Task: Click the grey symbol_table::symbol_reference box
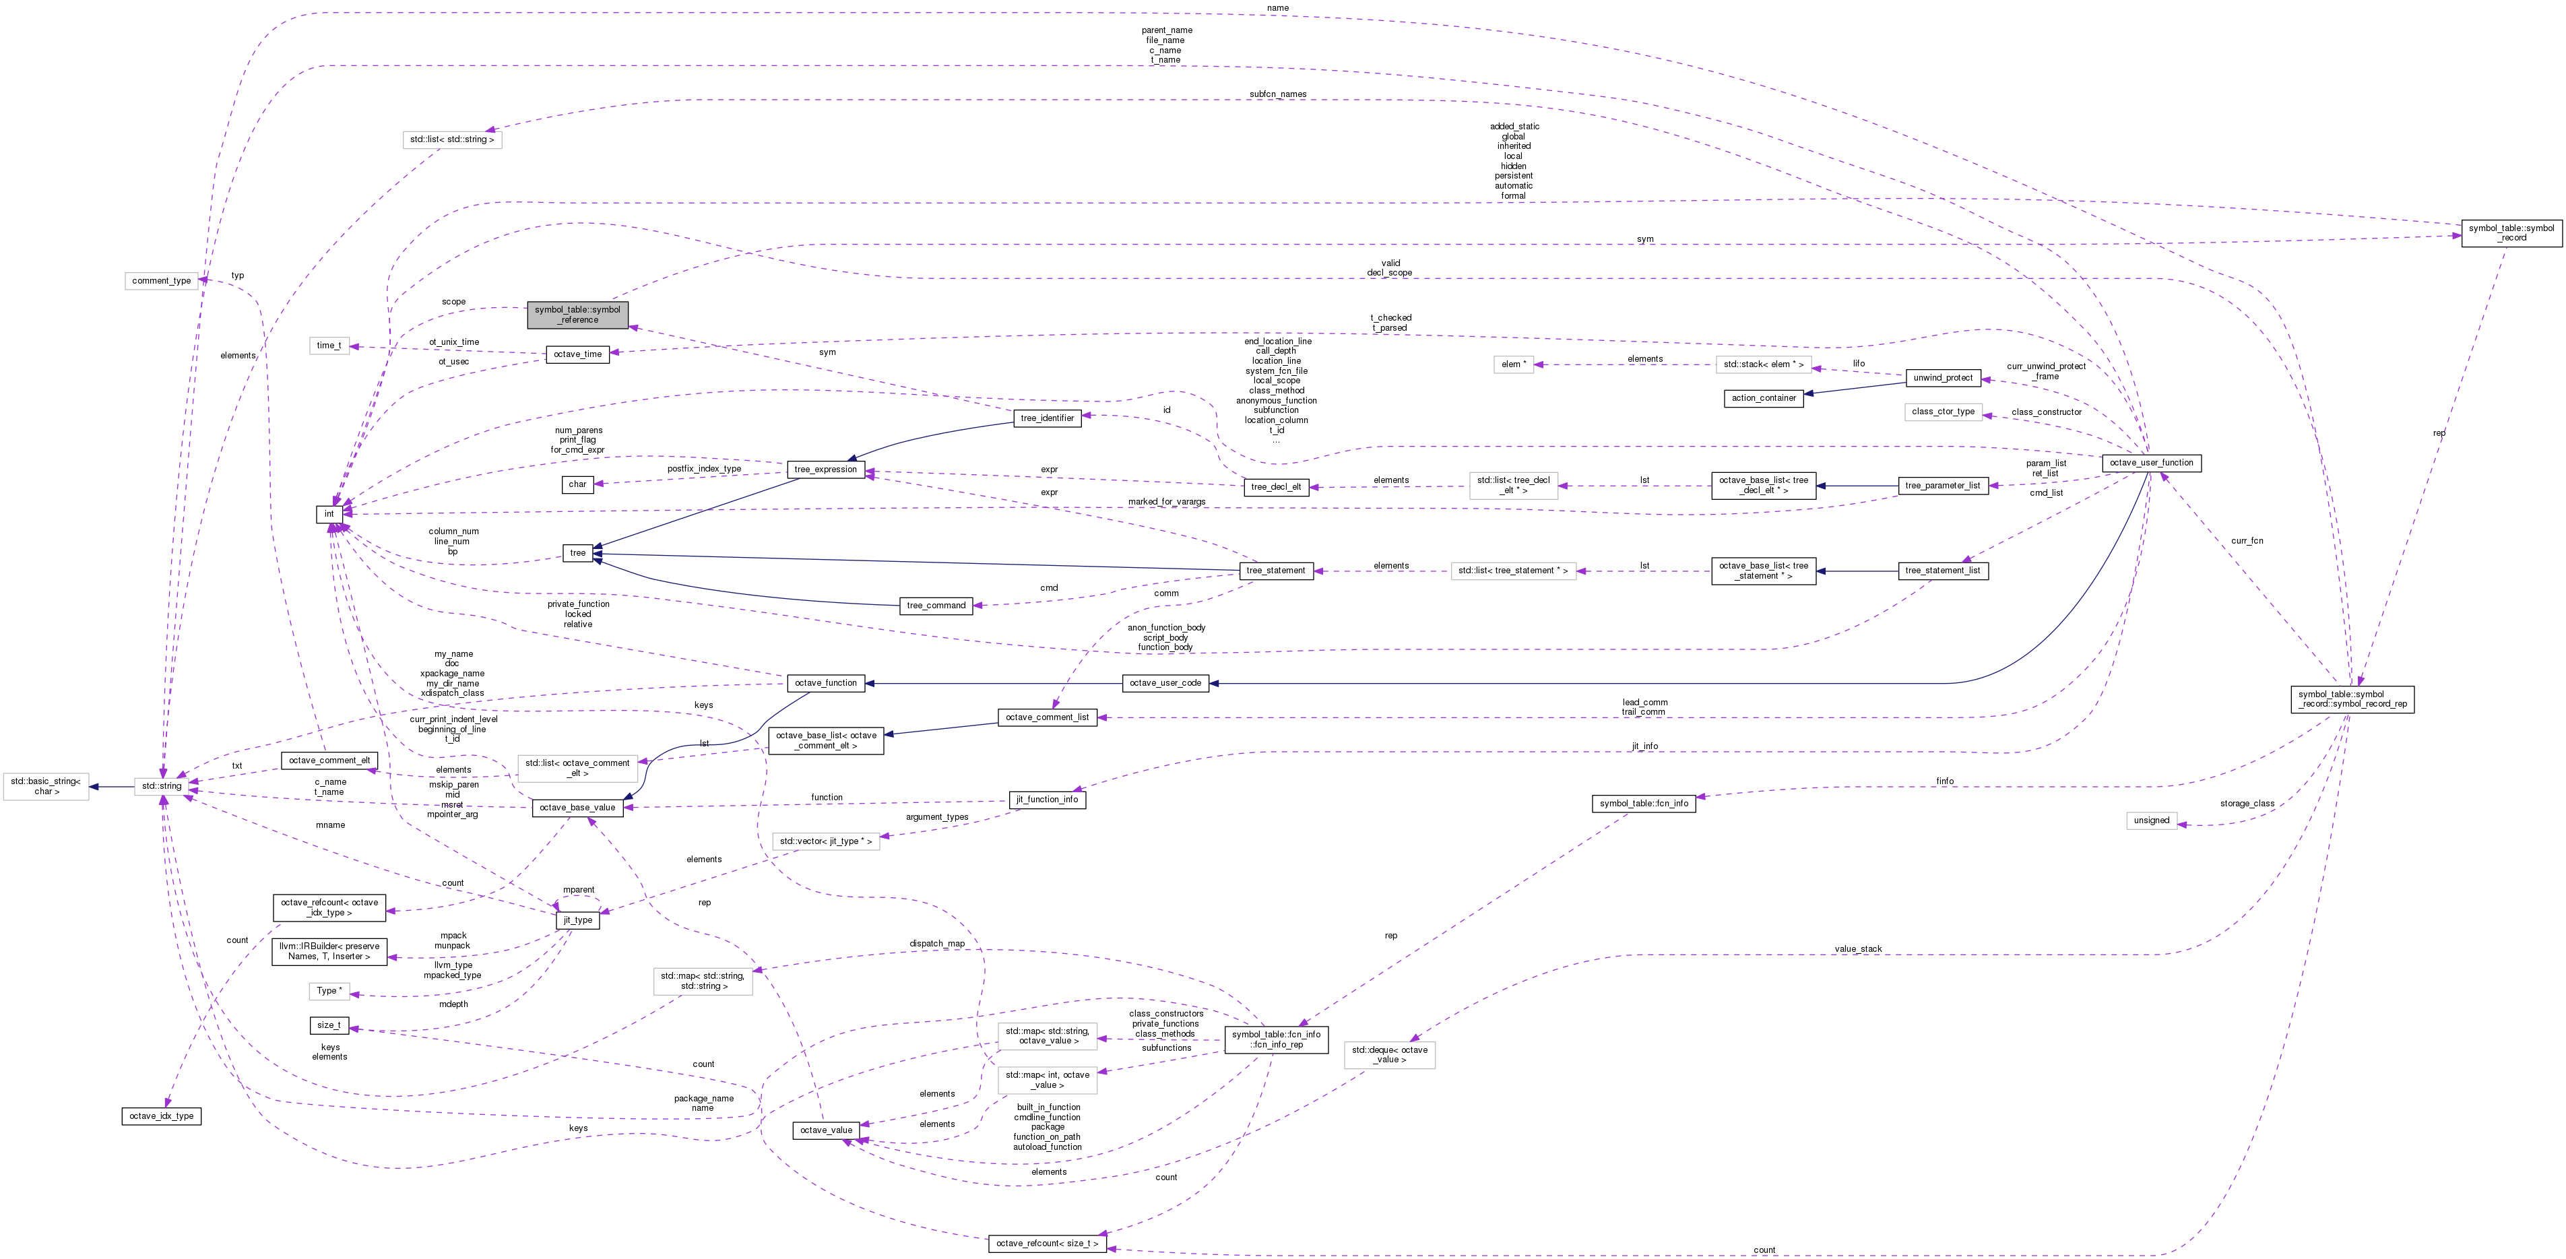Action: point(578,315)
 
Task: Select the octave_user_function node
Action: point(2150,463)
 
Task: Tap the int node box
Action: point(329,514)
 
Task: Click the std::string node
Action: point(162,786)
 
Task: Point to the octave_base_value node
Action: point(578,808)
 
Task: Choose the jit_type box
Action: point(578,920)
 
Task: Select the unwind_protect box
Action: point(1942,379)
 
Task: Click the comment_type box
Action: point(162,281)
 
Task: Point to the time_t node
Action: point(329,346)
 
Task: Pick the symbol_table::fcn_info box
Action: point(1644,804)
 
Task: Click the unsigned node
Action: point(2152,820)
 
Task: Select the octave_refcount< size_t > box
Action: point(1047,1244)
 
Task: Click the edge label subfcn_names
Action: point(1278,94)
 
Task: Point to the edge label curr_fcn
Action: point(2247,541)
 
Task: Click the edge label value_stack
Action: point(1858,949)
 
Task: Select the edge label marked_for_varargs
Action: point(1166,502)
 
